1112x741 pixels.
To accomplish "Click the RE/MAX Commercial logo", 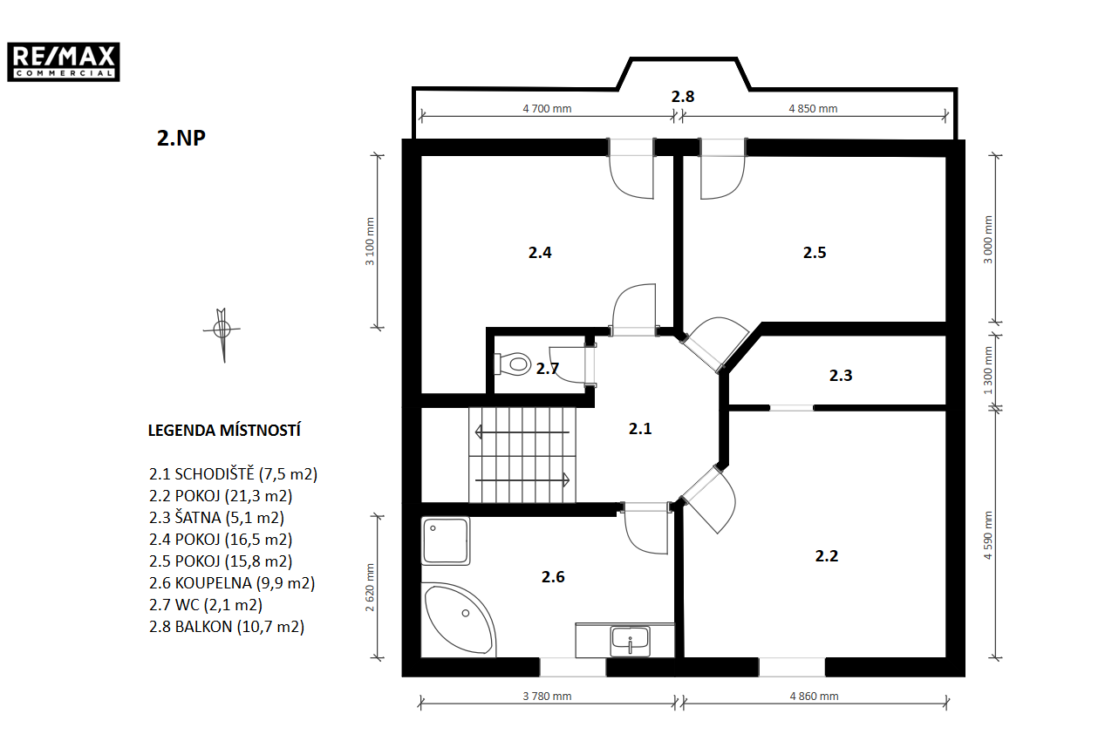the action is click(63, 62).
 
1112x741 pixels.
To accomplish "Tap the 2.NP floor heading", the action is click(181, 138).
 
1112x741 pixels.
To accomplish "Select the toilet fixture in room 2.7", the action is click(513, 364).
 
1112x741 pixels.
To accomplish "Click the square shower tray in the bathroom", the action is click(446, 541).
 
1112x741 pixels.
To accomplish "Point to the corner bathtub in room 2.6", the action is click(460, 620).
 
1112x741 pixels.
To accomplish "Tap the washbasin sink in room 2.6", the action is click(630, 642).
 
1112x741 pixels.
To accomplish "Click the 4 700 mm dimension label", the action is click(547, 108).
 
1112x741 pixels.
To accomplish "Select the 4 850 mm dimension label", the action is click(813, 108).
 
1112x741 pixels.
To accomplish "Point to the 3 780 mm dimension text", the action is click(547, 697).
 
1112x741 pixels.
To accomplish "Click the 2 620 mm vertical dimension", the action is click(370, 588).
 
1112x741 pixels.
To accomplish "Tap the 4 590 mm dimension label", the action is click(988, 535).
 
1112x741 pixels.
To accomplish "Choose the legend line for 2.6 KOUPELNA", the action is click(232, 582).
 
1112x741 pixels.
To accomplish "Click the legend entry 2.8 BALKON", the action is click(227, 626).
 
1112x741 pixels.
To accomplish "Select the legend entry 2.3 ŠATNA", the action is click(216, 518).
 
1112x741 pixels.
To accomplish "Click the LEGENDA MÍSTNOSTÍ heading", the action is click(224, 430).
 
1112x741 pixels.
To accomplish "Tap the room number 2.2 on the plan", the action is click(827, 556).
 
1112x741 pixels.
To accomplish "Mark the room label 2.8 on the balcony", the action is click(683, 96).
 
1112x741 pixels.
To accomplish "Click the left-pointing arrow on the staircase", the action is click(522, 432).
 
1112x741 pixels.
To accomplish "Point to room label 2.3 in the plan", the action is click(841, 375).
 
